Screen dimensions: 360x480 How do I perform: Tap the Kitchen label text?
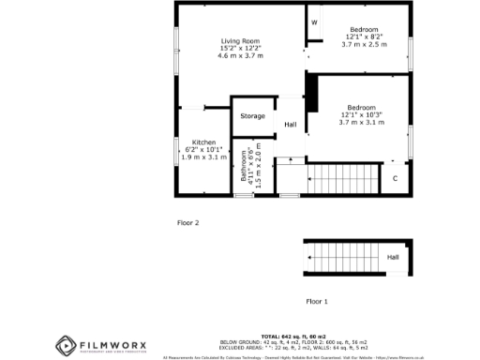202,142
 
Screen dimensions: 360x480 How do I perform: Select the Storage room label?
252,116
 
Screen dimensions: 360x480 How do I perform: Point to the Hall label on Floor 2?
291,125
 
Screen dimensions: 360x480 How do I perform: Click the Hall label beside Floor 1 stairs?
393,257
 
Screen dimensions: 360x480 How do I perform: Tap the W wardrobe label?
314,22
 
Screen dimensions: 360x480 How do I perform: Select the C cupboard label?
395,178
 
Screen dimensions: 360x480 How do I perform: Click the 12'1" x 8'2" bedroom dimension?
361,37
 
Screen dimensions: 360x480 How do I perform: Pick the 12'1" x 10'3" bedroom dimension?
361,115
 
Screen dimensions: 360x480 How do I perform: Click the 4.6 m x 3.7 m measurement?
242,57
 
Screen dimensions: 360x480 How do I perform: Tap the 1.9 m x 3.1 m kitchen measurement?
202,157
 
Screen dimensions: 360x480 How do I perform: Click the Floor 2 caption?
188,223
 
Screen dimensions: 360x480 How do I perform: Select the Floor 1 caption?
317,301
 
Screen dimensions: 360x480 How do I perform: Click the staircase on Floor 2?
342,177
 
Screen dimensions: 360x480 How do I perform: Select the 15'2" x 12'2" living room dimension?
242,49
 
